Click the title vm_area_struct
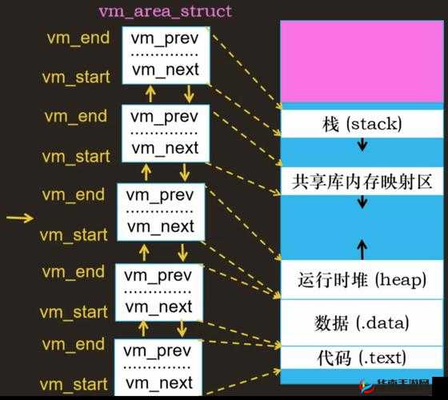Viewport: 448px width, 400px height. (165, 11)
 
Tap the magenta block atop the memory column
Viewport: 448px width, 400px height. (362, 60)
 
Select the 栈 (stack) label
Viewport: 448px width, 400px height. (362, 123)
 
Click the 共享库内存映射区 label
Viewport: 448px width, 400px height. (362, 181)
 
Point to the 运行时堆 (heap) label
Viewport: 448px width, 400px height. (362, 279)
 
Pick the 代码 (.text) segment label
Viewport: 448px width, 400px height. (362, 357)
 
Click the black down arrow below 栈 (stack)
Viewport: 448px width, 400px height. (362, 146)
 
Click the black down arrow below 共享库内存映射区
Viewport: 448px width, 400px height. (362, 205)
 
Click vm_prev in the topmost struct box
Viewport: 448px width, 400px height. (165, 38)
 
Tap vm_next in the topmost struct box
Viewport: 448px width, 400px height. (165, 69)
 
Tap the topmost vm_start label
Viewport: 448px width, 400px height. (75, 78)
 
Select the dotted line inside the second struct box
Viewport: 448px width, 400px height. (165, 132)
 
